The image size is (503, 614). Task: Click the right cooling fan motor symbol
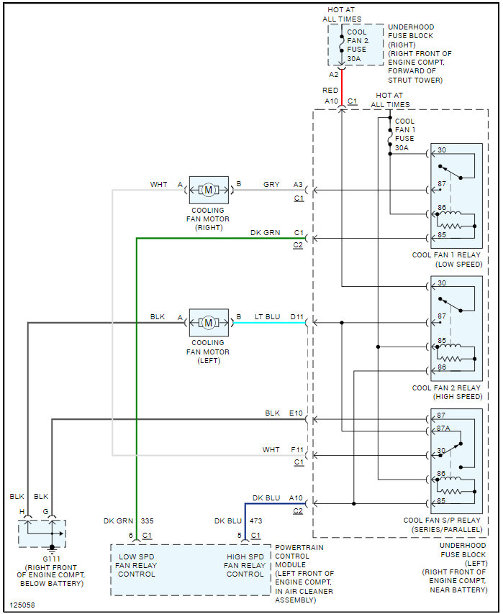(209, 191)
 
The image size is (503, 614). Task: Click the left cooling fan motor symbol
(209, 323)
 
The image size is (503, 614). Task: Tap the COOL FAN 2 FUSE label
(357, 41)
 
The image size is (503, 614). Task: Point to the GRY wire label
(271, 184)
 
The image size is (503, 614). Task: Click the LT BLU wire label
(268, 316)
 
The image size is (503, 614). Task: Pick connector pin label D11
(296, 316)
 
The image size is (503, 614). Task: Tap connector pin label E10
(296, 413)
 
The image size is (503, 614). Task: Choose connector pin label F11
(296, 449)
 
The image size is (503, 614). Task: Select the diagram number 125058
(22, 605)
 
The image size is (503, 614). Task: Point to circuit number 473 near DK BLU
(255, 521)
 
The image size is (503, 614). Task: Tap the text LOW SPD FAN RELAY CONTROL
(137, 565)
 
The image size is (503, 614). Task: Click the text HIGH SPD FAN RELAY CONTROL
(245, 565)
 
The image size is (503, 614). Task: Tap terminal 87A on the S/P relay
(443, 428)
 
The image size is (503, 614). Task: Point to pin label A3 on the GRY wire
(298, 184)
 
